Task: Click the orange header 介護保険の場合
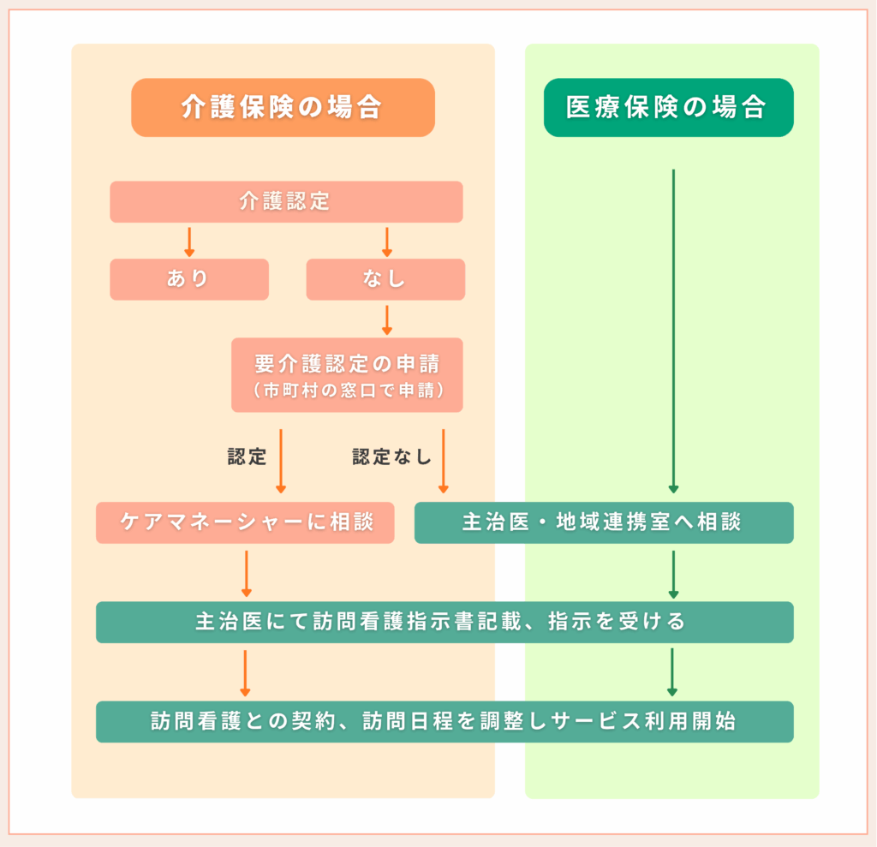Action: [x=283, y=108]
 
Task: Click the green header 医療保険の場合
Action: [x=668, y=108]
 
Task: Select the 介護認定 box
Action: [x=286, y=202]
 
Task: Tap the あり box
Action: [x=189, y=279]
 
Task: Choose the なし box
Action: [x=385, y=279]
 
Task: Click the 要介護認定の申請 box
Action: [x=347, y=364]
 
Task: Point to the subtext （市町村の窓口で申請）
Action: [x=347, y=391]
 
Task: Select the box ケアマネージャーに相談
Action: [x=245, y=522]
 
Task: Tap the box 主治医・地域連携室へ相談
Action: [x=604, y=522]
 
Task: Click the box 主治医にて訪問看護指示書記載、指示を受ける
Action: [x=444, y=622]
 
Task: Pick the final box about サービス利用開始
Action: [x=444, y=721]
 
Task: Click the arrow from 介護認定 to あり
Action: [x=189, y=242]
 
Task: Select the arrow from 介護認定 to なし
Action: [x=386, y=242]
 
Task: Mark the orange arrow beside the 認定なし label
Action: [x=444, y=461]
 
